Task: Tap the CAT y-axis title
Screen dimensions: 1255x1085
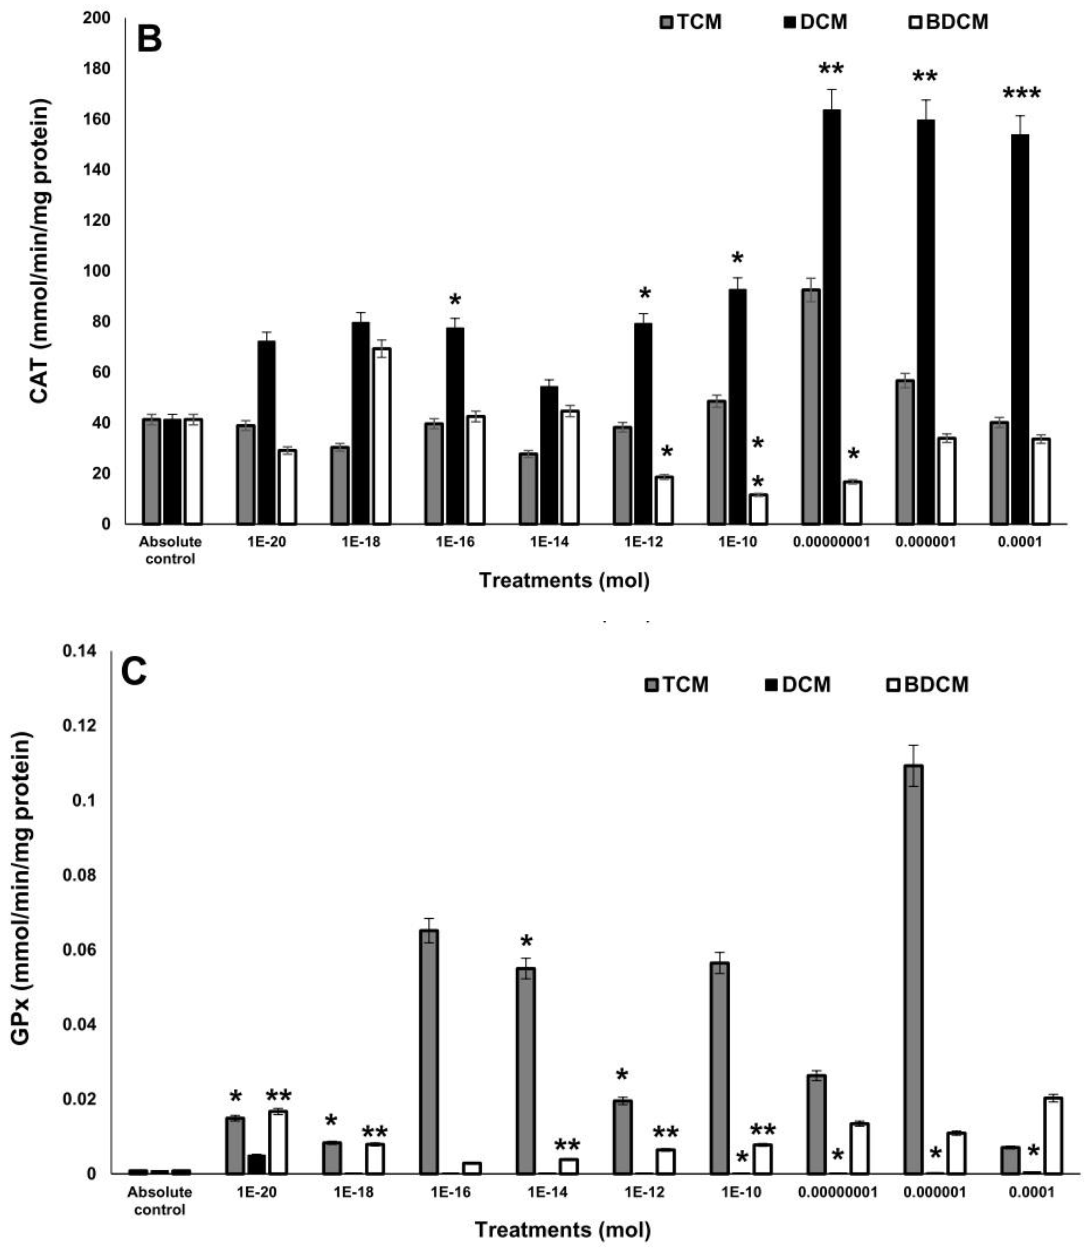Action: (x=40, y=251)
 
